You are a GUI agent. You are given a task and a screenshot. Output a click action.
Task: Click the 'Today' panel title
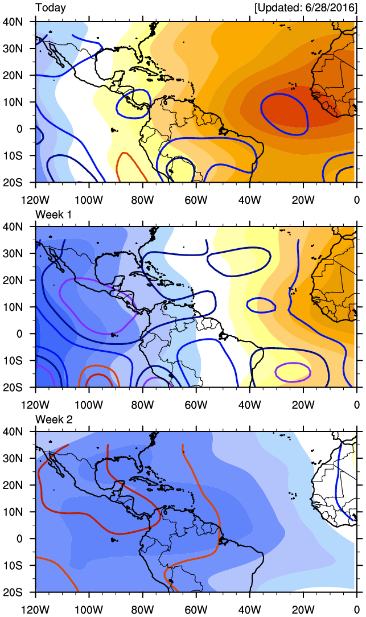[51, 8]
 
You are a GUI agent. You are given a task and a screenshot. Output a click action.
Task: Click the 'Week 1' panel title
[53, 213]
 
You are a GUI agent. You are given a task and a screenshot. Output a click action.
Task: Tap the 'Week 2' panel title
[53, 419]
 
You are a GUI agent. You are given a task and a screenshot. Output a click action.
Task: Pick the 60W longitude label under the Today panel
[196, 200]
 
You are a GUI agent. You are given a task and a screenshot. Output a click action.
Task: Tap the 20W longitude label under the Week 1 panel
[303, 405]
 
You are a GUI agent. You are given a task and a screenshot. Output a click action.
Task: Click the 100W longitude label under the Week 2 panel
[89, 610]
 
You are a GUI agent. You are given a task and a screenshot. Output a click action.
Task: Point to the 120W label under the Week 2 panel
[36, 610]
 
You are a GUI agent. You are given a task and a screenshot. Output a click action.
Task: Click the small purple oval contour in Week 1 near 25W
[293, 372]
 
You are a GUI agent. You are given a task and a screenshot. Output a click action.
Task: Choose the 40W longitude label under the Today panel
[249, 200]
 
